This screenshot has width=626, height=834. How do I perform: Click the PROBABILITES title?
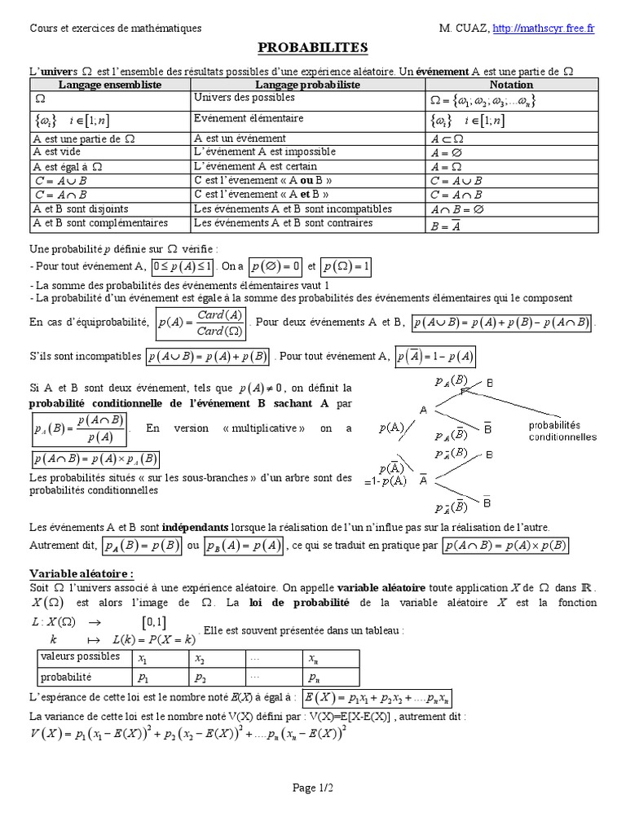coord(313,48)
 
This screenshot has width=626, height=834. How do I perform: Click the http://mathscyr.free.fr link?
coord(544,29)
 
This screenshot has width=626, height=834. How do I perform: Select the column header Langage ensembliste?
coord(110,85)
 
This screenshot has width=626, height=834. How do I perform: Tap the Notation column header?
coord(511,85)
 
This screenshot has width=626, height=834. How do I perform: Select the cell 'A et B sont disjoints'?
coord(82,208)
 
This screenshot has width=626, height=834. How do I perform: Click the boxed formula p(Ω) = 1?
coord(346,266)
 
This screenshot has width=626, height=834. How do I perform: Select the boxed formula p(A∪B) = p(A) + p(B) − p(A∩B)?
coord(502,323)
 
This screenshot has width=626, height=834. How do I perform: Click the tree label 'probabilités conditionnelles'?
coord(562,431)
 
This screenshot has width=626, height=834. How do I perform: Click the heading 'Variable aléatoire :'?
coord(82,573)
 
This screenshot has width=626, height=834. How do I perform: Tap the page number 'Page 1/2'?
coord(313,788)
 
